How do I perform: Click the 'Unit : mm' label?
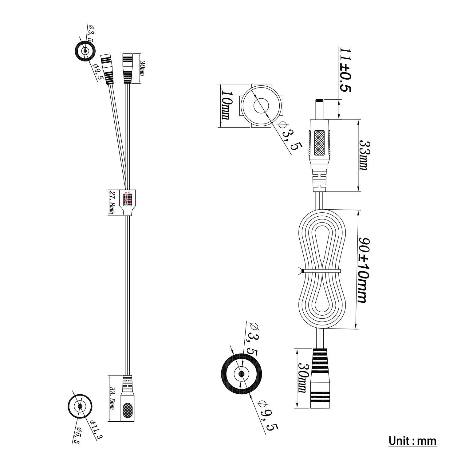412,441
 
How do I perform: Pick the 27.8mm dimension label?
112,203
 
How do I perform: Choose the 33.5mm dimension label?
112,398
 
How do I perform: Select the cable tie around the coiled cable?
321,271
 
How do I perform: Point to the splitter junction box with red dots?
128,199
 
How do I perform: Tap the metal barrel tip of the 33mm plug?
319,109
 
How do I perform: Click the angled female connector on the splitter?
107,69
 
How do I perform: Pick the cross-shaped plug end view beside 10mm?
261,106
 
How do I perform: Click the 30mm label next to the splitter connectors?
142,68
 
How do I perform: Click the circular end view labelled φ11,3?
80,406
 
